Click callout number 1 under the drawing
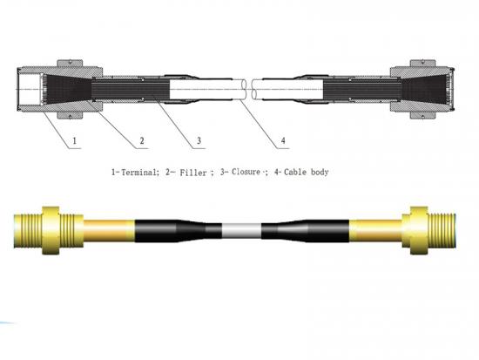[75, 141]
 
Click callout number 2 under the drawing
[142, 140]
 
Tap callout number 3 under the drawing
[199, 140]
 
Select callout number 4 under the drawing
[283, 140]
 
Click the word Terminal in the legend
[139, 173]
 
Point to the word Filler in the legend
[193, 173]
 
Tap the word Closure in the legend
[246, 172]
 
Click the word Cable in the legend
[295, 172]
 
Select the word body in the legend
[320, 173]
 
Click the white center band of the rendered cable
[241, 231]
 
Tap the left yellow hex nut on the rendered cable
[51, 230]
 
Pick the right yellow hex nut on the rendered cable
[419, 230]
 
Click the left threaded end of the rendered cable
[28, 230]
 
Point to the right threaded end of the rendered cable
[442, 230]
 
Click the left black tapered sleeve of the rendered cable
[178, 231]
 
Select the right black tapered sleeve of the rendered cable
[305, 231]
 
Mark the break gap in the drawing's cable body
[249, 90]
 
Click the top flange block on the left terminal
[70, 63]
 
